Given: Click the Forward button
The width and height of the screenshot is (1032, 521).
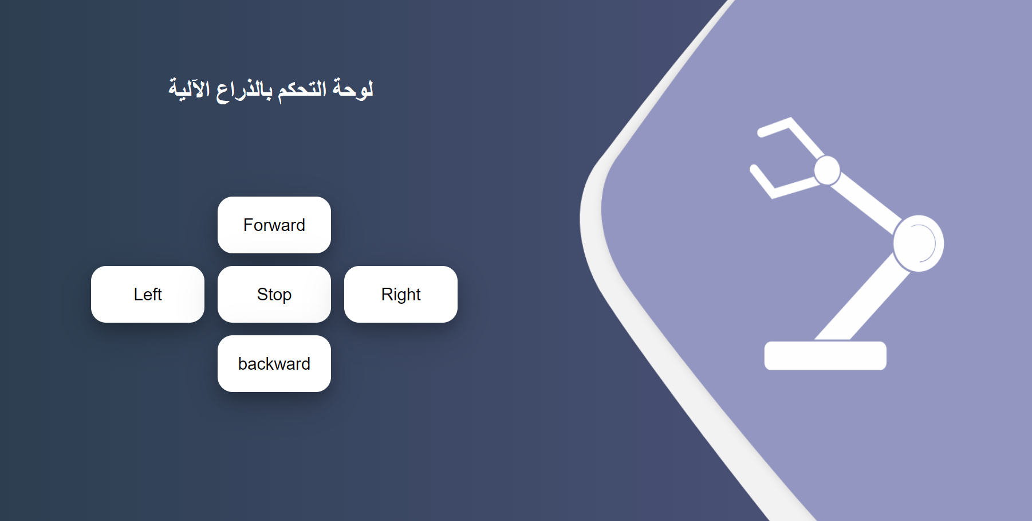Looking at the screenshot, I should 274,225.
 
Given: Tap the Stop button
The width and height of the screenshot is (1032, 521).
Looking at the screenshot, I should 274,294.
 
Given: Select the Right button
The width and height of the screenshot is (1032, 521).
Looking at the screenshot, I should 400,294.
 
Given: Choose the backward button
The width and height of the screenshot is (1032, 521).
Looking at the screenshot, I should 274,363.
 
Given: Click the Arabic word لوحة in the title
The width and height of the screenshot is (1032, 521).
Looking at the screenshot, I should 353,89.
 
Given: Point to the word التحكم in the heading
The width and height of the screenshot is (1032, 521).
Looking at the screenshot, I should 302,89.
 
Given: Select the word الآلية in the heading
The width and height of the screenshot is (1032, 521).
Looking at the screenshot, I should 189,89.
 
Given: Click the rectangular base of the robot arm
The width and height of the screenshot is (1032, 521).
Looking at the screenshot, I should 825,355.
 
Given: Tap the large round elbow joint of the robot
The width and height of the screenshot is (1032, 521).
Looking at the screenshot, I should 918,243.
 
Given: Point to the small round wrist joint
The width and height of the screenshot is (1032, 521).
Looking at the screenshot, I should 826,170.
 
